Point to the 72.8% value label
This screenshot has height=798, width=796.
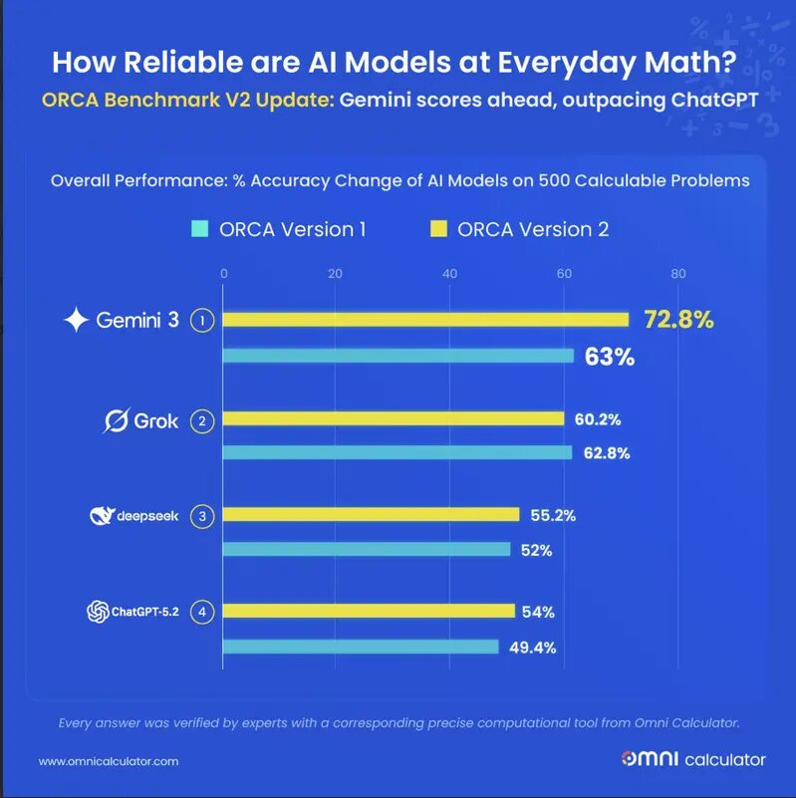(679, 320)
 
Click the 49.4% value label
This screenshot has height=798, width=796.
(532, 647)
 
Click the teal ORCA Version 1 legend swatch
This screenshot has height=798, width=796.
(199, 229)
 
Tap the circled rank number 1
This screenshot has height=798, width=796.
(203, 321)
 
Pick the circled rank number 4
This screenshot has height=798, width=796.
(203, 612)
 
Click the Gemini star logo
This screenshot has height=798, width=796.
(77, 321)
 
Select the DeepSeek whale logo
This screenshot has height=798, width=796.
(101, 515)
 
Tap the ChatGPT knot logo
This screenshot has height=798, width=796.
(97, 612)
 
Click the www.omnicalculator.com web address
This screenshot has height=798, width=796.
(109, 761)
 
